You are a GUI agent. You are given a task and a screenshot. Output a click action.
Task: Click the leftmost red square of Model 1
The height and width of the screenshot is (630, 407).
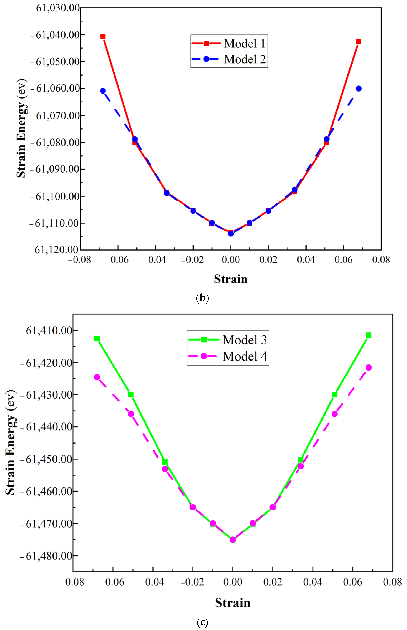pyautogui.click(x=103, y=36)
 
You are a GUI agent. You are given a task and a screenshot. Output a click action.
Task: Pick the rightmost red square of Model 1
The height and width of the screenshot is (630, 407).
pyautogui.click(x=358, y=42)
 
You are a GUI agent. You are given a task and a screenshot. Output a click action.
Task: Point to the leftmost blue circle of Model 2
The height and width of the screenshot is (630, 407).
pyautogui.click(x=103, y=91)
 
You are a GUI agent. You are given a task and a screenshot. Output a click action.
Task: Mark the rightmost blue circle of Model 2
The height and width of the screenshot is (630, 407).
pyautogui.click(x=358, y=89)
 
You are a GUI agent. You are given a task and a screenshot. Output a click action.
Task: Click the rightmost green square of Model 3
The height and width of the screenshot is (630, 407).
pyautogui.click(x=368, y=335)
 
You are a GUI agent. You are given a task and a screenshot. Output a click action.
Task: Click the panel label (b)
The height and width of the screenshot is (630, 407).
pyautogui.click(x=202, y=298)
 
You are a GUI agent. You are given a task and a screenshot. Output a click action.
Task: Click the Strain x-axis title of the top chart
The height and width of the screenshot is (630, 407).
pyautogui.click(x=230, y=279)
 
